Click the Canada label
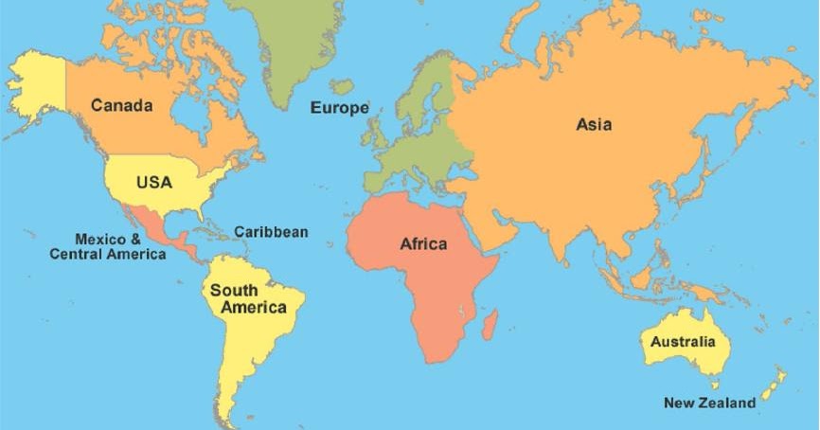pyautogui.click(x=121, y=105)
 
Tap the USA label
pyautogui.click(x=154, y=182)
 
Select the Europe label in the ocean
pyautogui.click(x=340, y=108)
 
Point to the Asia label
pyautogui.click(x=594, y=124)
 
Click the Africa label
pyautogui.click(x=423, y=244)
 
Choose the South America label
pyautogui.click(x=248, y=298)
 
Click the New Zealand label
pyautogui.click(x=709, y=403)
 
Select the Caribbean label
pyautogui.click(x=271, y=231)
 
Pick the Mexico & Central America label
pyautogui.click(x=107, y=246)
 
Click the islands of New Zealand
pyautogui.click(x=774, y=383)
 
